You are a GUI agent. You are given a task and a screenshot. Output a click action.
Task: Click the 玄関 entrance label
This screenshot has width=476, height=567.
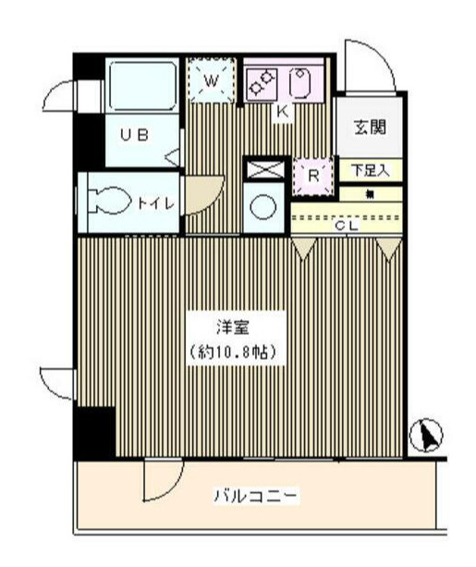click(x=370, y=128)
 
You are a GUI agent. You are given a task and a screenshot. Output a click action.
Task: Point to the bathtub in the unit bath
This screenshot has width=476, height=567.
click(x=143, y=86)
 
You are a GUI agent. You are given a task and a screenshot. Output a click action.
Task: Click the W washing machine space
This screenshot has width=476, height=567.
click(x=212, y=81)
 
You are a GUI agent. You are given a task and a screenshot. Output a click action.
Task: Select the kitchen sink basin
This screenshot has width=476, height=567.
click(x=302, y=83)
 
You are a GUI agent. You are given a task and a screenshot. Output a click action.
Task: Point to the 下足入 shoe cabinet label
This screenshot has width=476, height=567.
click(x=370, y=171)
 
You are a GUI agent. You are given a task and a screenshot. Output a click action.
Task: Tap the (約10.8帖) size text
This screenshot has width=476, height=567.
click(x=232, y=351)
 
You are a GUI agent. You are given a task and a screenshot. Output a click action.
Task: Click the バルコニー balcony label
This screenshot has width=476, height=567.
click(x=256, y=497)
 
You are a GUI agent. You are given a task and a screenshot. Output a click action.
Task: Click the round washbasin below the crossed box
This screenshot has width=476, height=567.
click(x=262, y=205)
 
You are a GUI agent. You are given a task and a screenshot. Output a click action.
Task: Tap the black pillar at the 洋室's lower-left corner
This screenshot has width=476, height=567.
click(x=93, y=431)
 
